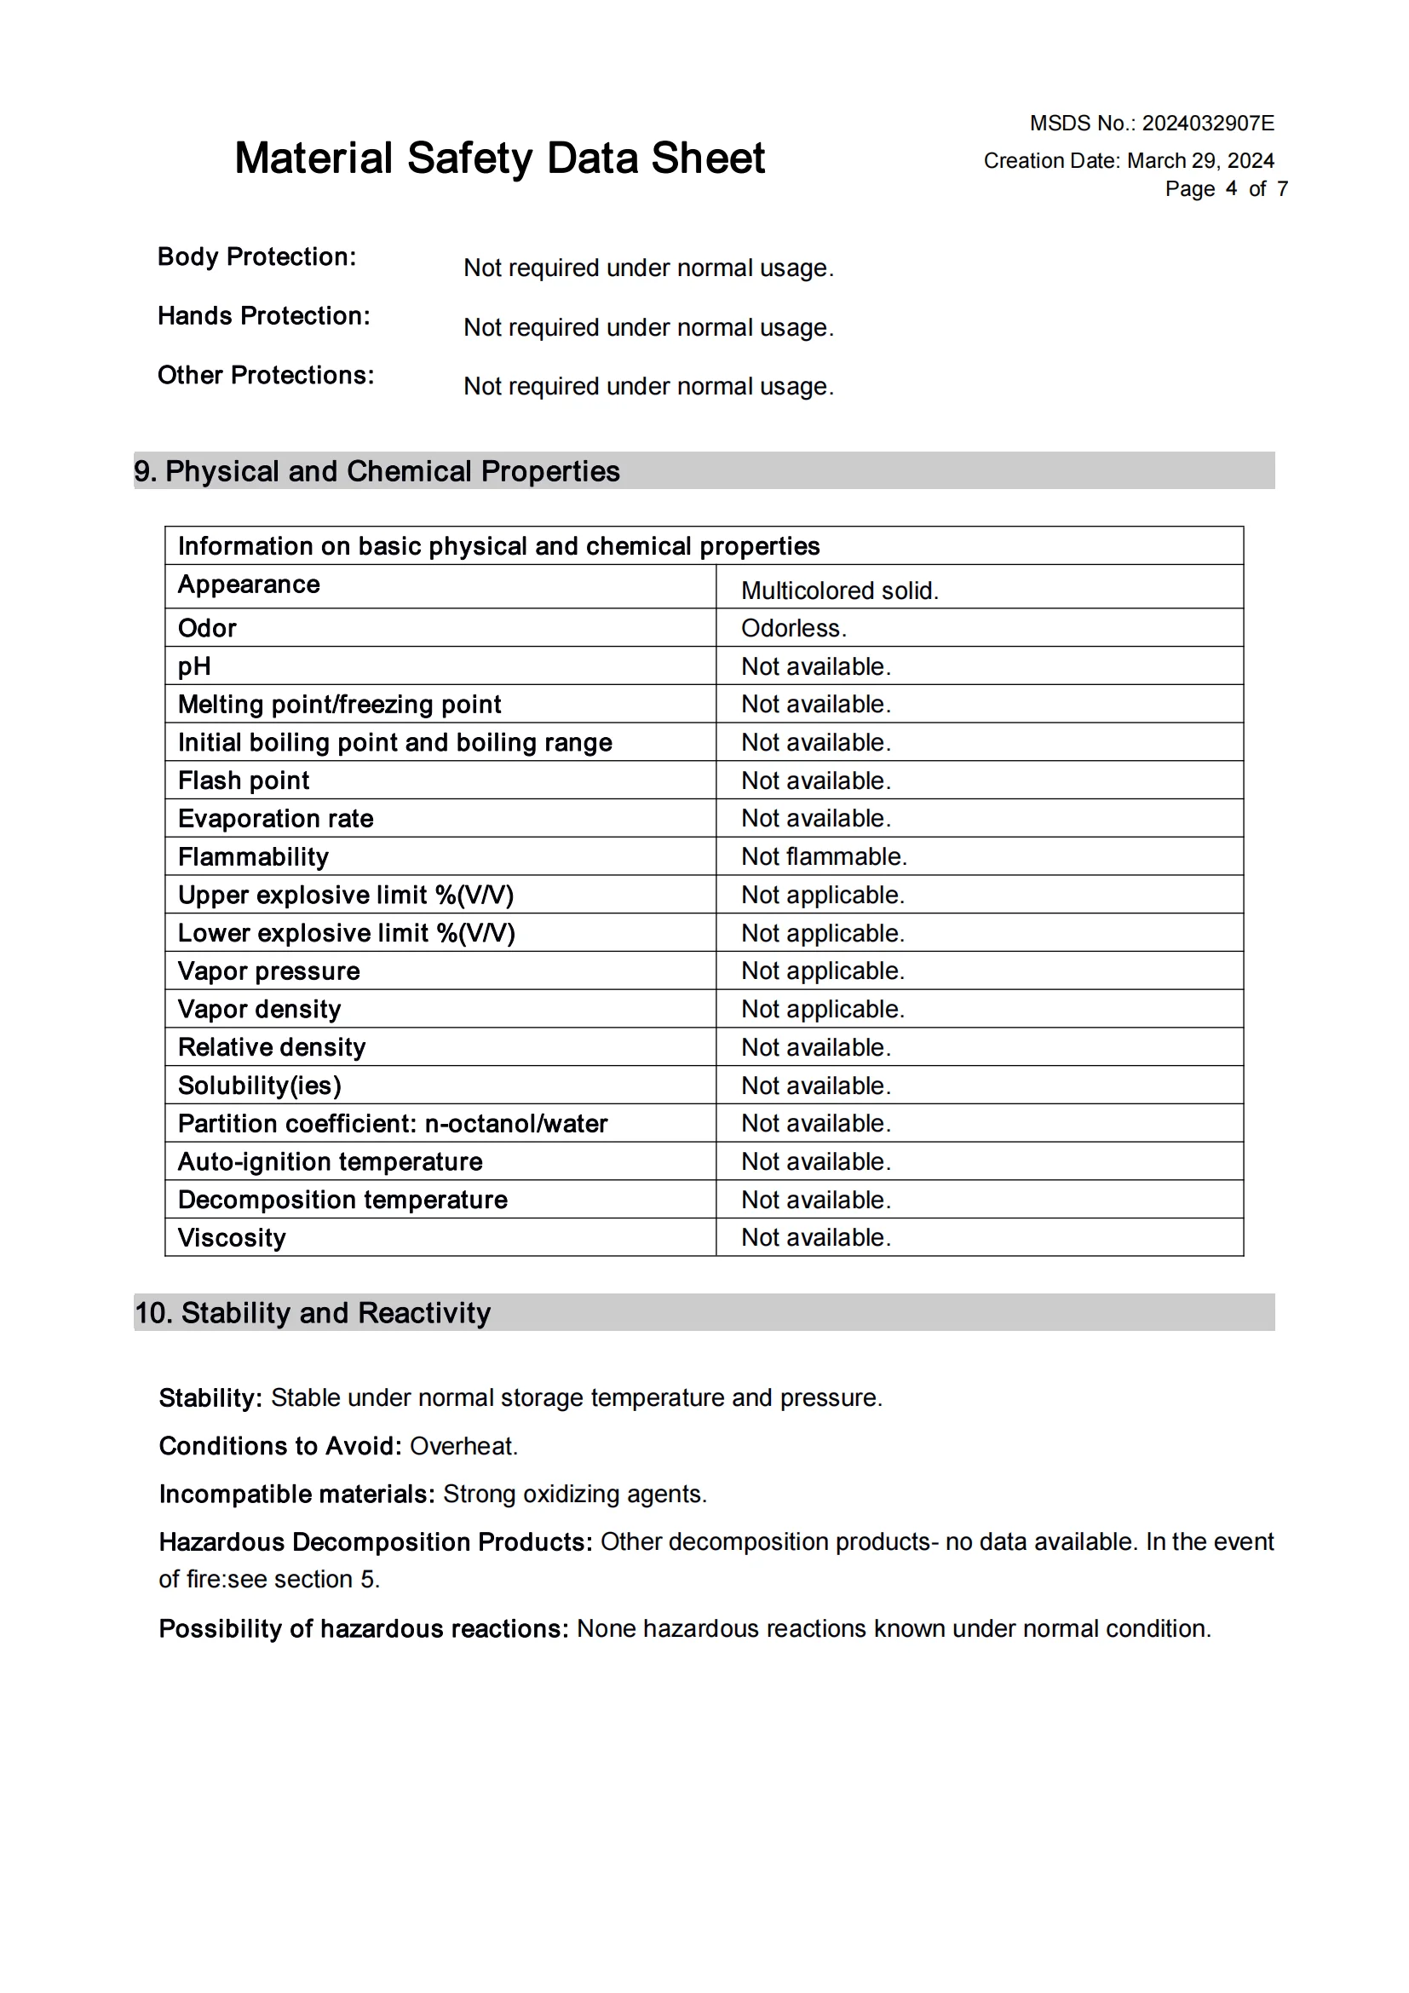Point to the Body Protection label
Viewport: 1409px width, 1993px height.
(x=256, y=257)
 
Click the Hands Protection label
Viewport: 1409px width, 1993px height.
(x=264, y=316)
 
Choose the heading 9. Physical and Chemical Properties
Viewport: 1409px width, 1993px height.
(x=377, y=471)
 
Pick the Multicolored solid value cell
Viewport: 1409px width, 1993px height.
(x=839, y=590)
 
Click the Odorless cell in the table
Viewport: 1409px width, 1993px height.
(x=793, y=628)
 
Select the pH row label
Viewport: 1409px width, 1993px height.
(x=194, y=665)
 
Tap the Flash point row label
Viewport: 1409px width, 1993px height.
(x=243, y=780)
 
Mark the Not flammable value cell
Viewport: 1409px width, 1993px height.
(x=824, y=856)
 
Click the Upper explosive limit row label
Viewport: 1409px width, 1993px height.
(x=345, y=895)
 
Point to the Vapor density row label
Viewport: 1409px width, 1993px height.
(x=259, y=1009)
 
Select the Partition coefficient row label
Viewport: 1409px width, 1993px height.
(x=392, y=1123)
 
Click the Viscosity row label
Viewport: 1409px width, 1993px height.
(x=232, y=1237)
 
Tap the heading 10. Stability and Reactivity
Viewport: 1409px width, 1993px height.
(x=313, y=1312)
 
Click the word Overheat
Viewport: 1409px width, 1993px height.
(x=463, y=1446)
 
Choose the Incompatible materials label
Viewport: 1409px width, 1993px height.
(x=296, y=1494)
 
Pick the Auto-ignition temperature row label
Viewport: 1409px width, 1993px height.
(x=330, y=1161)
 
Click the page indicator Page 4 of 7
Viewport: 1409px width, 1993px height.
(x=1225, y=188)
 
